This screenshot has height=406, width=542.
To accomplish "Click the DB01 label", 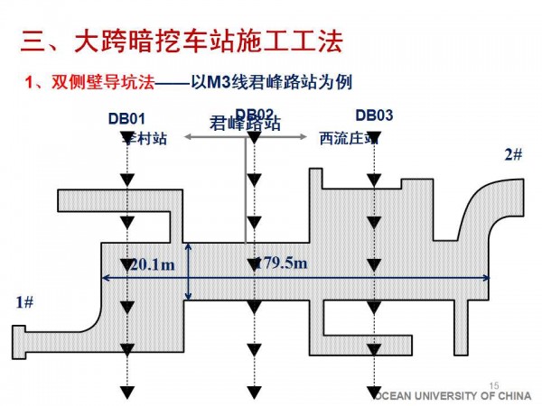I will pos(126,116).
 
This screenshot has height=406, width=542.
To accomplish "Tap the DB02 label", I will pos(254,114).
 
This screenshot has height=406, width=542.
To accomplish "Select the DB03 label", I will pos(374,115).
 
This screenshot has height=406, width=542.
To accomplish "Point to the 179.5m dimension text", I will pos(280,263).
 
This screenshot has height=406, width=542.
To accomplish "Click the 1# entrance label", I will pos(25,302).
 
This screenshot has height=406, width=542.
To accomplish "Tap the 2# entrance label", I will pos(513,154).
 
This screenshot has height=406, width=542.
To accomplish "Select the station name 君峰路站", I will pos(245,125).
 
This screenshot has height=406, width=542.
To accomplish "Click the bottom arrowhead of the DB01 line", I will pos(127,390).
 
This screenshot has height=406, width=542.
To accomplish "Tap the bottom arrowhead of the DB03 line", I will pos(374,390).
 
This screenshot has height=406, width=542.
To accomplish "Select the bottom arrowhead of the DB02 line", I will pos(257,390).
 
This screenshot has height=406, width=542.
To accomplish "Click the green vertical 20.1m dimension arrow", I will pos(188,271).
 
